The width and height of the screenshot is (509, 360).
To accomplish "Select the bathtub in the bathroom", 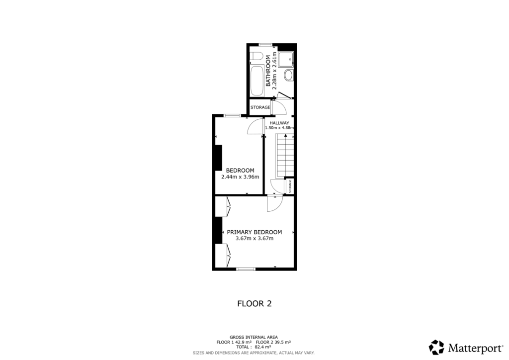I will [257, 82].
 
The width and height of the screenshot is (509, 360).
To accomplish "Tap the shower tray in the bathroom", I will [286, 59].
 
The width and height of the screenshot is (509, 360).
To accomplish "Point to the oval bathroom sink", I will [288, 76].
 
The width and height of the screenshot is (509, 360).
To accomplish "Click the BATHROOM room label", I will [268, 71].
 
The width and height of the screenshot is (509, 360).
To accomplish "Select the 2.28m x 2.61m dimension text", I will [274, 71].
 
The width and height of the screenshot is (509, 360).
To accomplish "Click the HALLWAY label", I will [279, 122].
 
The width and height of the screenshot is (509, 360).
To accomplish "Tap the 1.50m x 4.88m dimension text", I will [279, 128].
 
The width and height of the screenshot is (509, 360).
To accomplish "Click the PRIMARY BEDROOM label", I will [254, 232].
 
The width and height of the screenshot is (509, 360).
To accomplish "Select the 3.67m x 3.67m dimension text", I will [254, 239].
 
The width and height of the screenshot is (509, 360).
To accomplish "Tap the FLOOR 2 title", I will [254, 303].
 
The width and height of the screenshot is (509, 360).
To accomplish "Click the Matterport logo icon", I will [436, 347].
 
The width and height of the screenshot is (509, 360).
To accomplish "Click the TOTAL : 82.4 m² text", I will [254, 347].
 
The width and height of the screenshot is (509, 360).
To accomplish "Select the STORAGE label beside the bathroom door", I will [260, 107].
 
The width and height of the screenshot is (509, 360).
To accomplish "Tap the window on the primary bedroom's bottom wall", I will [245, 269].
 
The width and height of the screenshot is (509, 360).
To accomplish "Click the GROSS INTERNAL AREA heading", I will [254, 337].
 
